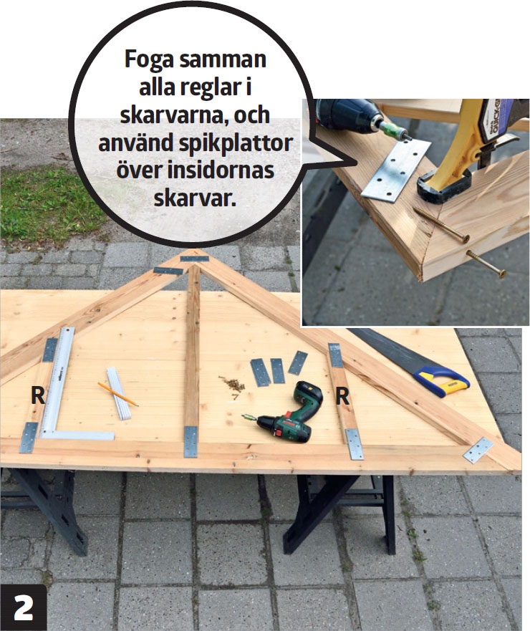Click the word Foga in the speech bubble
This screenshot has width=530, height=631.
[x=149, y=59]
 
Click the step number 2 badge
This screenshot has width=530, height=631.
[x=24, y=607]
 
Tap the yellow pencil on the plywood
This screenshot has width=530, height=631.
[x=118, y=395]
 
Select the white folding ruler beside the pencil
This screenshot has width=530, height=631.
[x=119, y=393]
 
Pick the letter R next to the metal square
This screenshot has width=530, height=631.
[x=38, y=395]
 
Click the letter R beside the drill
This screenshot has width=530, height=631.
[x=342, y=396]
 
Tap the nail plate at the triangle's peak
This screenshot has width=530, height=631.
[x=194, y=259]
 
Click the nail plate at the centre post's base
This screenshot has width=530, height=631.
[x=191, y=442]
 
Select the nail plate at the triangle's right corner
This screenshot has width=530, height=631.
[x=478, y=450]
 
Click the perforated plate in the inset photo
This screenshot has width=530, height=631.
[x=396, y=169]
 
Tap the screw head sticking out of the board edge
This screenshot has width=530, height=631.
[x=501, y=274]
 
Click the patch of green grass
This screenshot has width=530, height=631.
[x=48, y=206]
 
